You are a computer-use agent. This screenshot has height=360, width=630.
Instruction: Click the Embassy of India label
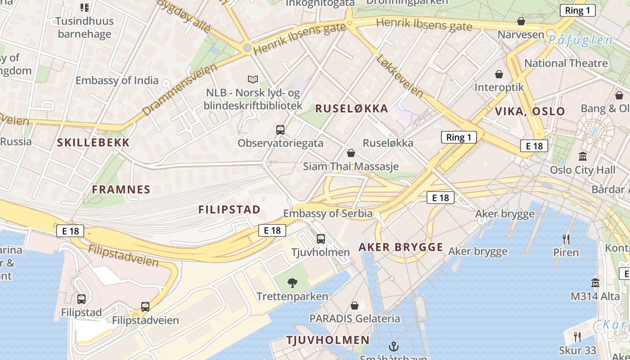pyautogui.click(x=117, y=81)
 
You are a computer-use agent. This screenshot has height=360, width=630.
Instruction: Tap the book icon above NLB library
pyautogui.click(x=253, y=80)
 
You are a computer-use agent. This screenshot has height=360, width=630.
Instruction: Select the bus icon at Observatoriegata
pyautogui.click(x=280, y=130)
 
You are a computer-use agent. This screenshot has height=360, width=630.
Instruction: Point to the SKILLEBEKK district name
pyautogui.click(x=94, y=143)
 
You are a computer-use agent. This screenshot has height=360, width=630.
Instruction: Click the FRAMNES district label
pyautogui.click(x=121, y=189)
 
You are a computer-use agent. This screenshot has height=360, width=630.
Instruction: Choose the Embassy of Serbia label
pyautogui.click(x=328, y=213)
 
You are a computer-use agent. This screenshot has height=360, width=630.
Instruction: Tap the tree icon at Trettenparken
pyautogui.click(x=292, y=283)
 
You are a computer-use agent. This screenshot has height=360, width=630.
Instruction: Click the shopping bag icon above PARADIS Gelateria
pyautogui.click(x=355, y=306)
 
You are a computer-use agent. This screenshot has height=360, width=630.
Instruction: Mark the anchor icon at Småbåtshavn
pyautogui.click(x=394, y=346)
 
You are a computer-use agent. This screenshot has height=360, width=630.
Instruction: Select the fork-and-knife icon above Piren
pyautogui.click(x=566, y=239)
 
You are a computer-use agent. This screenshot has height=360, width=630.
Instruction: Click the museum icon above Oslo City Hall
pyautogui.click(x=583, y=157)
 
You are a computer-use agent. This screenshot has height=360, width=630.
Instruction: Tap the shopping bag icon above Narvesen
pyautogui.click(x=521, y=21)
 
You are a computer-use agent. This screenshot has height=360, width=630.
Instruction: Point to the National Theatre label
pyautogui.click(x=566, y=63)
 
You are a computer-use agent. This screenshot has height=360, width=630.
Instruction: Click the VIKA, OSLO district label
pyautogui.click(x=530, y=112)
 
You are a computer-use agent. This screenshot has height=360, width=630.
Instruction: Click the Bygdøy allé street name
pyautogui.click(x=184, y=16)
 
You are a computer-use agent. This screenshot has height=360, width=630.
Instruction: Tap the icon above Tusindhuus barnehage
pyautogui.click(x=85, y=7)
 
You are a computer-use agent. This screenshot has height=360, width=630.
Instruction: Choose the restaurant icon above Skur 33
pyautogui.click(x=577, y=337)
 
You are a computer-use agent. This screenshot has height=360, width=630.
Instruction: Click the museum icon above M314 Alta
pyautogui.click(x=595, y=283)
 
